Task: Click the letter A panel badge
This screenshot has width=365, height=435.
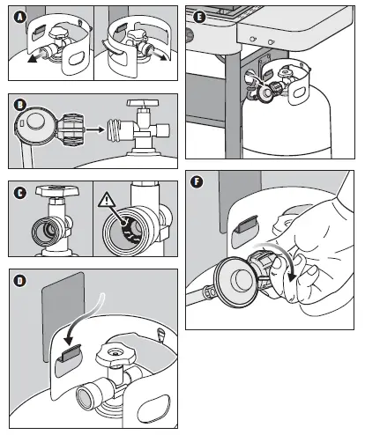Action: (19, 17)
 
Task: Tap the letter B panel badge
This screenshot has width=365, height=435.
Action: (20, 105)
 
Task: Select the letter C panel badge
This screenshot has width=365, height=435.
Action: (20, 193)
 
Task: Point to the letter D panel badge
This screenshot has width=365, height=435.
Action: (20, 281)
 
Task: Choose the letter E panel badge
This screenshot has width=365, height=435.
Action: (199, 18)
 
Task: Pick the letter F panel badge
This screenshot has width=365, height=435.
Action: (197, 181)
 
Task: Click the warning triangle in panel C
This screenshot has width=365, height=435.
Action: (107, 199)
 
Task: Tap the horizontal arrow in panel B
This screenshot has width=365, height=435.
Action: (94, 129)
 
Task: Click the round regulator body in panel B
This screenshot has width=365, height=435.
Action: (34, 125)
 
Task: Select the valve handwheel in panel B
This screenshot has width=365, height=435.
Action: (143, 103)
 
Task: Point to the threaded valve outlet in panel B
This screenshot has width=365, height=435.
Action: (115, 130)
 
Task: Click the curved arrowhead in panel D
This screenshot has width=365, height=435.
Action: (69, 340)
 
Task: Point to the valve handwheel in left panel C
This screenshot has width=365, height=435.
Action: (57, 191)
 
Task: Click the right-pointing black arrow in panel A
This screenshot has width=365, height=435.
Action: (160, 55)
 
